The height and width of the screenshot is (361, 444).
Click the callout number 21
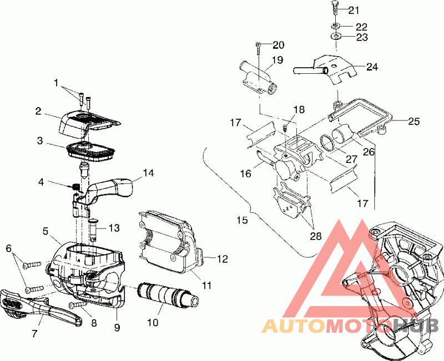pos(354,10)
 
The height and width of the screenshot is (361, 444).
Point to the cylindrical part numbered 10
pos(168,294)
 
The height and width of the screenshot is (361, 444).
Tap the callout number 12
pos(222,259)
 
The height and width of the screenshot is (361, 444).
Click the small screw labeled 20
pos(259,49)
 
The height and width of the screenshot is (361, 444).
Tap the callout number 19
pos(277,60)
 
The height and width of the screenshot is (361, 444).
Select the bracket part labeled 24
pos(327,69)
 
